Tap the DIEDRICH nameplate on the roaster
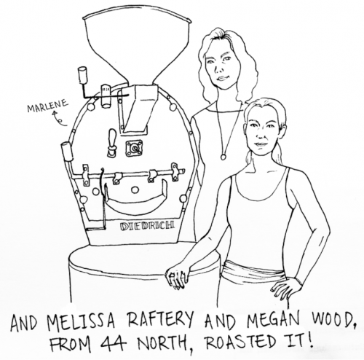(147, 226)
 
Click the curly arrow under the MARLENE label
(59, 119)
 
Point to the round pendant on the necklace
(223, 157)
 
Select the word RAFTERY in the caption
(161, 320)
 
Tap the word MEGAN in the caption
(272, 320)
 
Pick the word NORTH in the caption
(161, 343)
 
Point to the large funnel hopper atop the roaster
(138, 49)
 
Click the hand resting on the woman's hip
(285, 289)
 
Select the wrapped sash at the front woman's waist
(253, 272)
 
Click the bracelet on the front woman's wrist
(299, 282)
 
